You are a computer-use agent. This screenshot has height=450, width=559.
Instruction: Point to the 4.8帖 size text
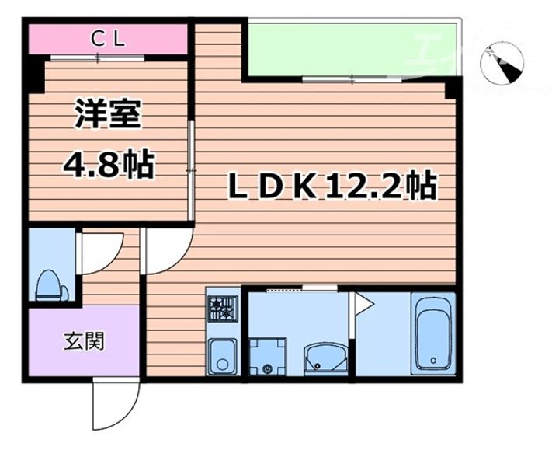[x=108, y=165]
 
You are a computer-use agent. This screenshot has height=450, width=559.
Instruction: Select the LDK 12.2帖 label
[x=330, y=186]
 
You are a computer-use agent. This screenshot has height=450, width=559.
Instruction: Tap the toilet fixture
[x=48, y=285]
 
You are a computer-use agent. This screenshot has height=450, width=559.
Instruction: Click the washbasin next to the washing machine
[x=319, y=358]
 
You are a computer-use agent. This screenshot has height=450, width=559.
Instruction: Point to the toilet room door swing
[x=97, y=249]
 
